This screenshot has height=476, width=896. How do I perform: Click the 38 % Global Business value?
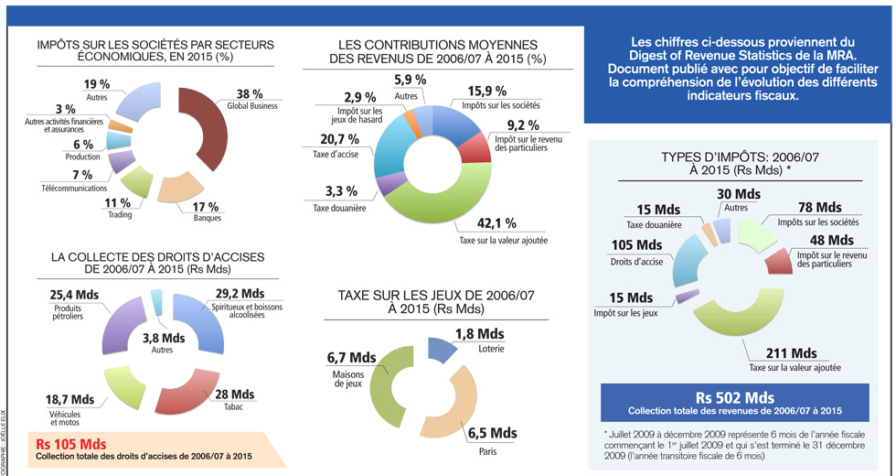(x=249, y=93)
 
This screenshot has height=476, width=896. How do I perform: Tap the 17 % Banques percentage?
(x=206, y=206)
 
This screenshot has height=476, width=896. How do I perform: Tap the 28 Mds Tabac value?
(x=235, y=394)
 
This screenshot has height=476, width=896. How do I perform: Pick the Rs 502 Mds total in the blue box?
(x=734, y=398)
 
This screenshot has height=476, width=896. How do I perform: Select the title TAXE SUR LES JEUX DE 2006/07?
(x=432, y=296)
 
